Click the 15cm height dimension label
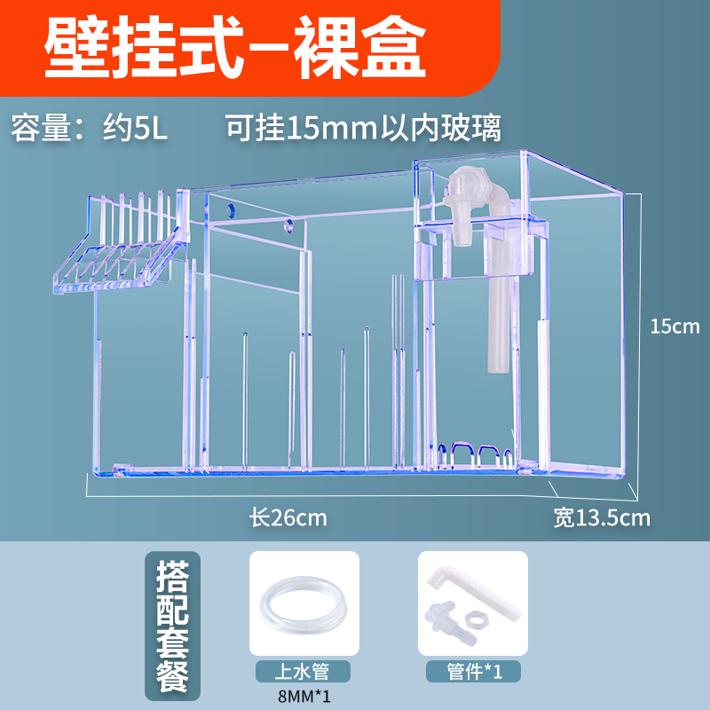(674, 326)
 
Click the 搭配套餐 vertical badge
(177, 626)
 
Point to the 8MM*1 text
(304, 696)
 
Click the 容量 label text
(44, 127)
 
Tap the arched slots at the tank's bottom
(477, 454)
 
